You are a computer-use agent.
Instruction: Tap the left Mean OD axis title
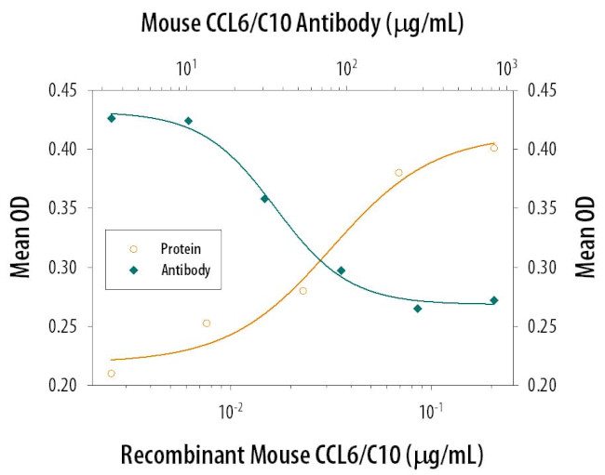tap(20, 237)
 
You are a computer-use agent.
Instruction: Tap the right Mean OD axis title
tap(584, 237)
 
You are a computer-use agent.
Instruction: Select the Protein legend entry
tap(181, 249)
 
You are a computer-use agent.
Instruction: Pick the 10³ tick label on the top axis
tap(506, 68)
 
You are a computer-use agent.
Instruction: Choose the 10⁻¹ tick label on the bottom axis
tap(430, 406)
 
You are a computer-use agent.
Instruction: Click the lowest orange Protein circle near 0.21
tap(112, 374)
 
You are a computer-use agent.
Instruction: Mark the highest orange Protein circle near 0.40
tap(494, 148)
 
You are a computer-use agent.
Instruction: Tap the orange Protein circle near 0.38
tap(398, 173)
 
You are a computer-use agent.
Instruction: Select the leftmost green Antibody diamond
tap(112, 118)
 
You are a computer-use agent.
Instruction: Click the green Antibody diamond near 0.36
tap(264, 198)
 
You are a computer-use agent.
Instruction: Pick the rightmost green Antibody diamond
tap(494, 300)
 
